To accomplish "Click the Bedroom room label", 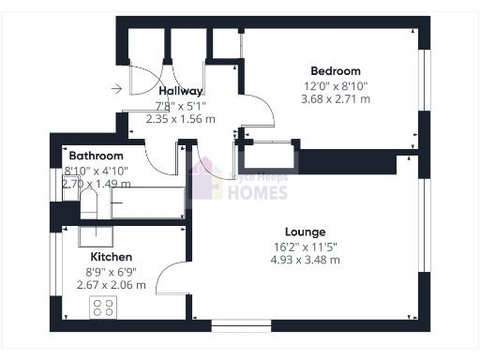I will click(336, 70).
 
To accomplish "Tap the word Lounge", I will click(306, 232).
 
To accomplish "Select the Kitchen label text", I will click(111, 256).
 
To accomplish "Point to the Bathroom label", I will click(96, 156).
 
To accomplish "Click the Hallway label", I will click(180, 91).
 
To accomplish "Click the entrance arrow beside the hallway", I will click(116, 90).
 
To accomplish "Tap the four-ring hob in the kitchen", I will click(102, 307).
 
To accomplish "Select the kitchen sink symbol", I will click(95, 235).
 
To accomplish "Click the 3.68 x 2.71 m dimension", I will click(336, 98).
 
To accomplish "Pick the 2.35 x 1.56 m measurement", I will click(181, 119).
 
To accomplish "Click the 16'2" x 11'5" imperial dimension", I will click(306, 247).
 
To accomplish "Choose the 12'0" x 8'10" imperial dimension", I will click(336, 85).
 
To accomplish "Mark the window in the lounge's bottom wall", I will click(241, 325).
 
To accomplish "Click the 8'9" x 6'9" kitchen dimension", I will click(112, 271).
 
